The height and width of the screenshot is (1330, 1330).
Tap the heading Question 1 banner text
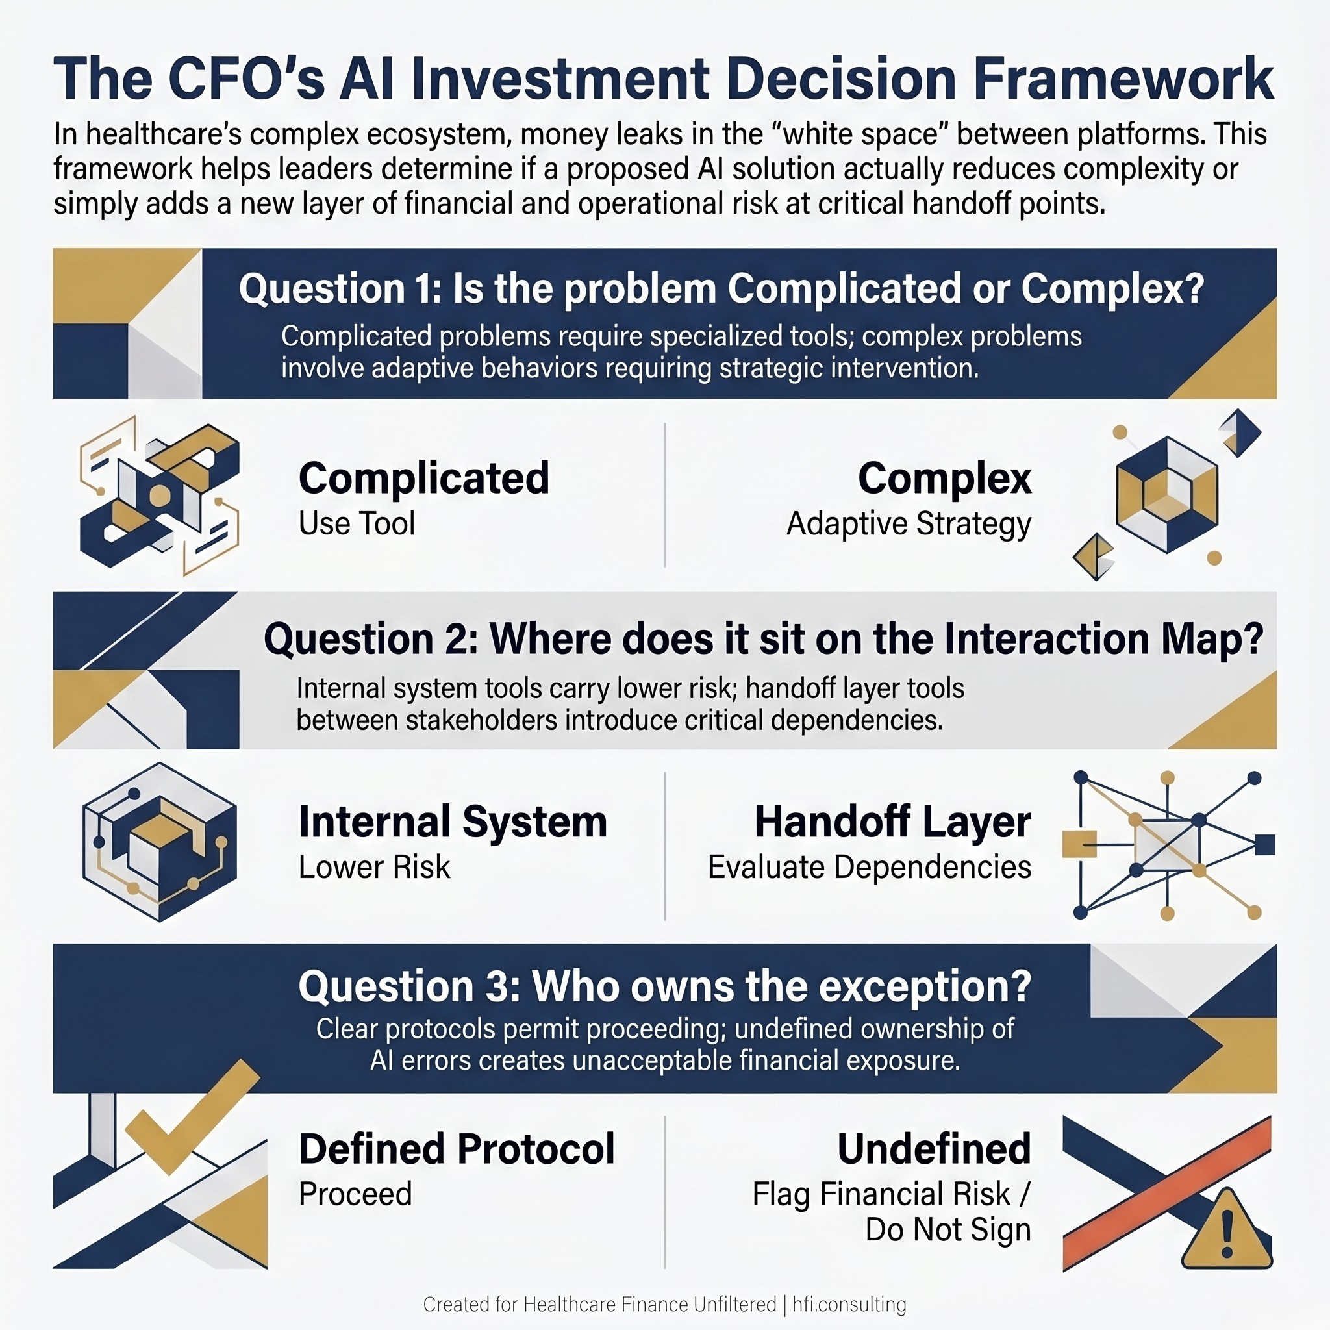(x=721, y=288)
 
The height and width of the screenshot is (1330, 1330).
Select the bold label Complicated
(x=424, y=478)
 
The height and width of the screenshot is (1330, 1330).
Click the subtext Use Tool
(x=357, y=523)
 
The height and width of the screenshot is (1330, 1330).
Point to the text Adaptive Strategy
(x=909, y=523)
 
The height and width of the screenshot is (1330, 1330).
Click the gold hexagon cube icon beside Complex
(x=1166, y=494)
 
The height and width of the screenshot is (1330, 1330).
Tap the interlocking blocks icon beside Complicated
(x=160, y=494)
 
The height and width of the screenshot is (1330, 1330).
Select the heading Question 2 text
(x=764, y=639)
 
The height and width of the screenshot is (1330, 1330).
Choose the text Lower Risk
(x=374, y=867)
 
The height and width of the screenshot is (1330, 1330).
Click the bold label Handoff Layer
(x=892, y=822)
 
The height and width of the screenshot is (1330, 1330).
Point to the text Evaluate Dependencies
(x=869, y=867)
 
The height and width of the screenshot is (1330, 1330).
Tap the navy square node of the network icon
(x=1264, y=845)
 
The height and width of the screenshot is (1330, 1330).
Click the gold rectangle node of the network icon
(x=1079, y=844)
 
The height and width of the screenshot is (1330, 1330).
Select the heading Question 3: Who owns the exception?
(x=665, y=986)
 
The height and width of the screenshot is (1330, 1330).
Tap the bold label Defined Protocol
(x=457, y=1149)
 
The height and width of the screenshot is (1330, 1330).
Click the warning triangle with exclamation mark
(x=1226, y=1232)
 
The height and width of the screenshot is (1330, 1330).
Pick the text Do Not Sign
(x=947, y=1229)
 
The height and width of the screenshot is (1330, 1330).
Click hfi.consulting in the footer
(x=849, y=1305)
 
